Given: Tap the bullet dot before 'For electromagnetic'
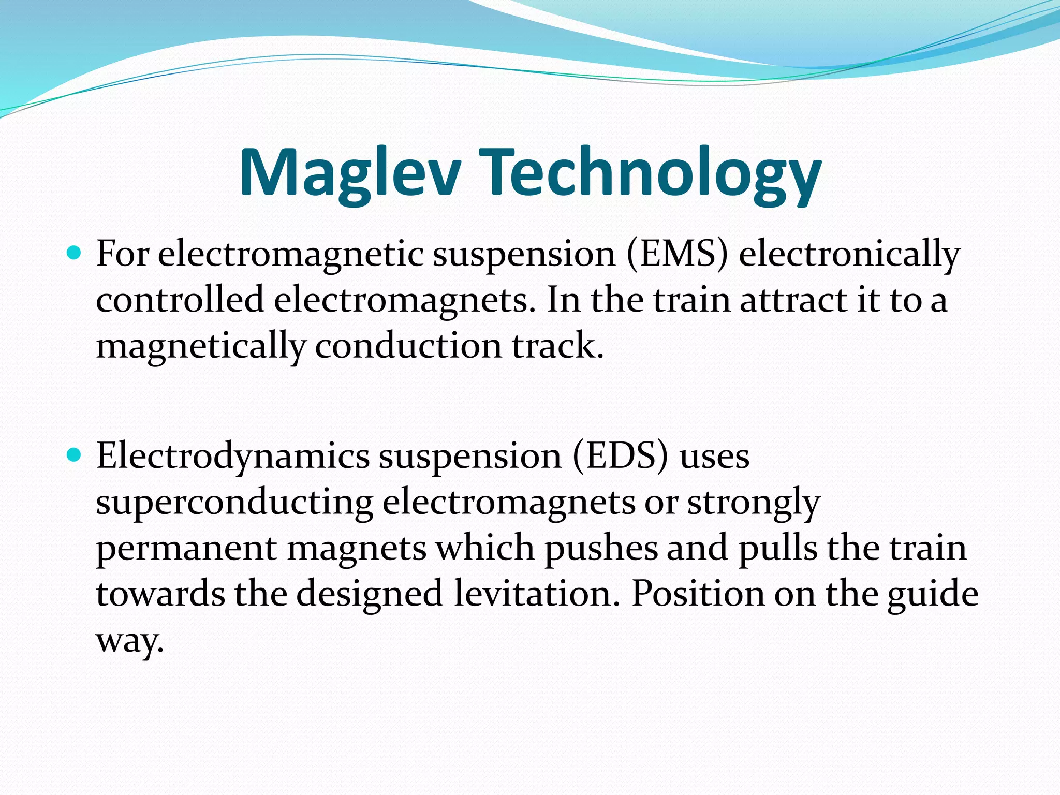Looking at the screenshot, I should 75,253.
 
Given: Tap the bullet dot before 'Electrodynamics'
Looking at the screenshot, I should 75,455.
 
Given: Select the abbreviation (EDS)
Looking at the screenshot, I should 620,457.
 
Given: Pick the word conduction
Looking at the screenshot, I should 408,346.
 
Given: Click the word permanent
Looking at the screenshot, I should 186,549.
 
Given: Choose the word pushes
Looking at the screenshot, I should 600,549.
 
